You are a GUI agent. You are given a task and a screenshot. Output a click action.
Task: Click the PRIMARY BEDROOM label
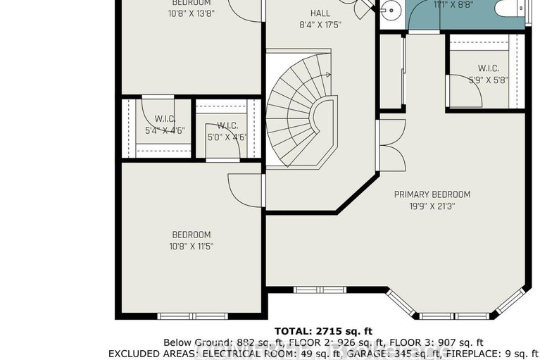[x=432, y=194]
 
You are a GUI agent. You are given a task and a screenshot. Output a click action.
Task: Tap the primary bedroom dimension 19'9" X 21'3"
[x=432, y=206]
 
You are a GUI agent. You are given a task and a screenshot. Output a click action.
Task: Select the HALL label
[x=320, y=13]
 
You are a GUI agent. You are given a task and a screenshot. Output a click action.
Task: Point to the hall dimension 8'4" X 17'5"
[x=320, y=25]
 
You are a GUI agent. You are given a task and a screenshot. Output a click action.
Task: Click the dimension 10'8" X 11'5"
[x=191, y=247]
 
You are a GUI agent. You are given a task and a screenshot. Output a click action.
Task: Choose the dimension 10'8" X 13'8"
[x=191, y=13]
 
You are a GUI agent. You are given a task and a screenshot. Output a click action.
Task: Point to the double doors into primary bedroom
[x=391, y=144]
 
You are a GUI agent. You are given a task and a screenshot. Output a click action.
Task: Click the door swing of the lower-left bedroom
[x=243, y=187]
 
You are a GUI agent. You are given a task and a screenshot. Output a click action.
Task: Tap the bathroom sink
[x=390, y=10]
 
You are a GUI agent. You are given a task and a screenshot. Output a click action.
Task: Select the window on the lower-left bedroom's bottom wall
[x=182, y=315]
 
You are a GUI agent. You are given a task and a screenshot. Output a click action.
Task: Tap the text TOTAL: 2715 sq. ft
[x=322, y=330]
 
